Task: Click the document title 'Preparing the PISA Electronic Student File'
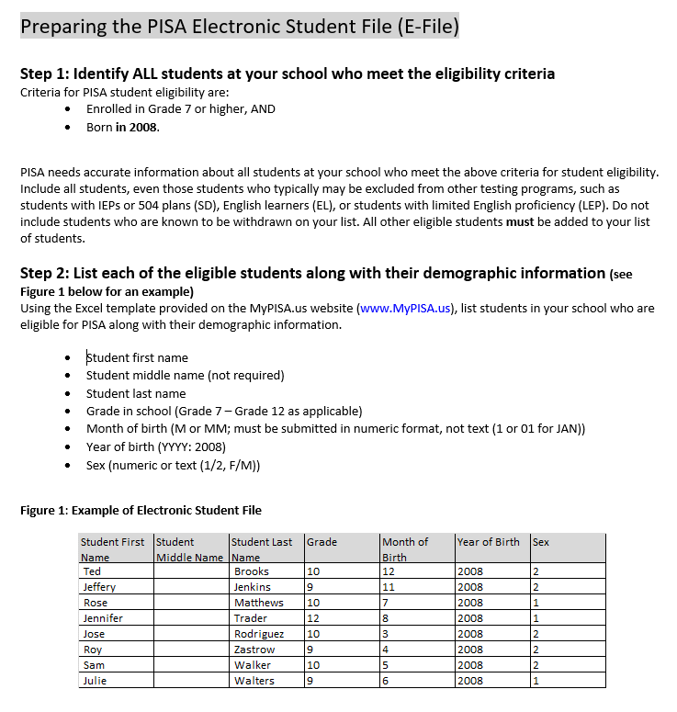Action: pyautogui.click(x=239, y=26)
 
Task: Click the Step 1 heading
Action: pyautogui.click(x=288, y=73)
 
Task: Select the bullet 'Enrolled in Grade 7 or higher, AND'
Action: pyautogui.click(x=180, y=109)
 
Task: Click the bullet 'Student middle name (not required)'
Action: pyautogui.click(x=185, y=375)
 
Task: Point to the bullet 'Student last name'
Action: pyautogui.click(x=136, y=393)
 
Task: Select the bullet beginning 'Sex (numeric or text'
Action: pyautogui.click(x=173, y=465)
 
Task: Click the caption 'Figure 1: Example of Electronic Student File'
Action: pyautogui.click(x=141, y=511)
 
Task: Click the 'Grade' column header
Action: pyautogui.click(x=322, y=542)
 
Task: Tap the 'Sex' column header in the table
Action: pyautogui.click(x=541, y=542)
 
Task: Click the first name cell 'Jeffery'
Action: pyautogui.click(x=99, y=587)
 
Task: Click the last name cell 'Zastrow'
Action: pyautogui.click(x=254, y=650)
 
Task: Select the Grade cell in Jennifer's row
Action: pyautogui.click(x=313, y=618)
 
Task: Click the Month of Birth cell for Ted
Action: pyautogui.click(x=388, y=571)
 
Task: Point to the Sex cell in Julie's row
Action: pyautogui.click(x=537, y=681)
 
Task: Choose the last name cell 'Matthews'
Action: pyautogui.click(x=259, y=603)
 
